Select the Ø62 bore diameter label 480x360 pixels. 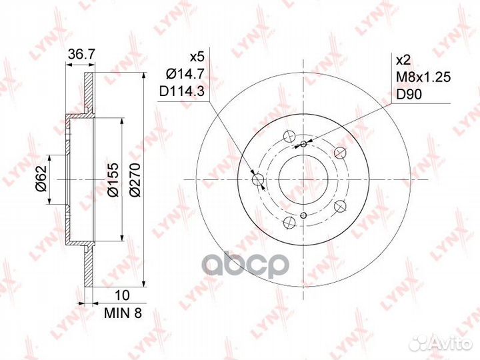[41, 179]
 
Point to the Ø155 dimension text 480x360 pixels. [113, 180]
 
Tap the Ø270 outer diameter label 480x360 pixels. [135, 180]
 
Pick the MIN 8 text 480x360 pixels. [123, 313]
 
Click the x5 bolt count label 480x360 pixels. [197, 57]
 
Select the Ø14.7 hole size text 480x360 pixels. [185, 74]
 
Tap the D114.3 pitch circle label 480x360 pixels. [182, 91]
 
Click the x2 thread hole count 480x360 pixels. [403, 60]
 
